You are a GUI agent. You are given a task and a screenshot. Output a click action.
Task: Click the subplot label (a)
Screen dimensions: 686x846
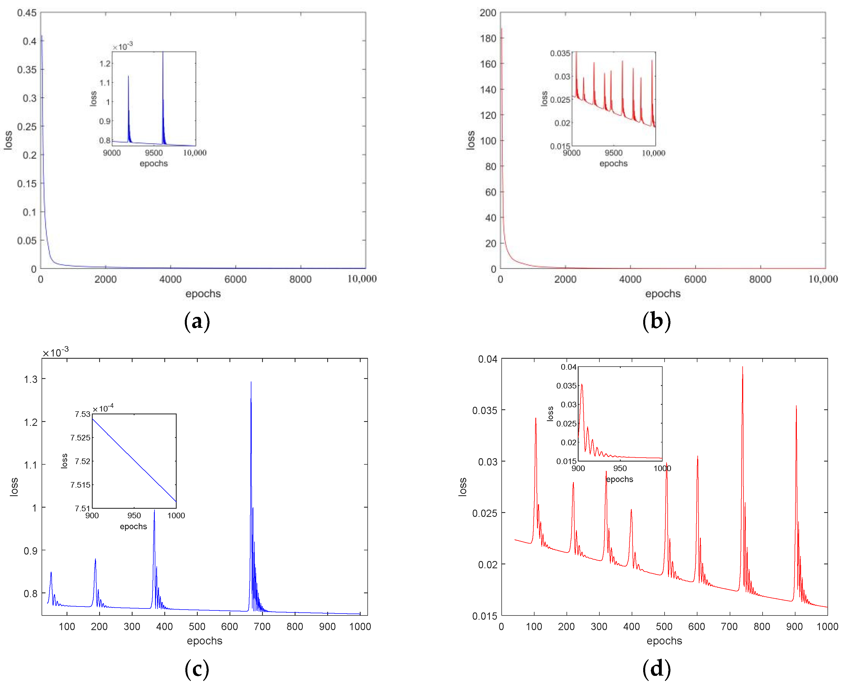(197, 321)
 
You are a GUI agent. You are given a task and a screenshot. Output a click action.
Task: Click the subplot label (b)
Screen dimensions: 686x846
(656, 321)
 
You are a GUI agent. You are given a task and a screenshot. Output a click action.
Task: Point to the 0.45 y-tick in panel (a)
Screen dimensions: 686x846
(27, 13)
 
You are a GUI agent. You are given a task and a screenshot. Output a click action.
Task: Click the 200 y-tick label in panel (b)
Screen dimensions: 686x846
(488, 13)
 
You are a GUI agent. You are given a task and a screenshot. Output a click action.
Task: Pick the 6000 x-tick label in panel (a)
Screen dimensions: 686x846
(235, 280)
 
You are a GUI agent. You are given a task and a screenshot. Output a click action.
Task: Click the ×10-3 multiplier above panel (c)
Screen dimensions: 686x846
(56, 352)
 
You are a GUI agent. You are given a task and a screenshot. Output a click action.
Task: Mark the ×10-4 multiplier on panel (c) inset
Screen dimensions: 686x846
(103, 408)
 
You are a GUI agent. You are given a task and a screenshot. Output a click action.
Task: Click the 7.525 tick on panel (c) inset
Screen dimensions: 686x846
(81, 437)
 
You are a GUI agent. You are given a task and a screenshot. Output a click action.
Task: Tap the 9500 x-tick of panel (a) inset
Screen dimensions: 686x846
(154, 153)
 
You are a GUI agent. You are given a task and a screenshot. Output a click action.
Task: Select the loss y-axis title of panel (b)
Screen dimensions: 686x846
(470, 140)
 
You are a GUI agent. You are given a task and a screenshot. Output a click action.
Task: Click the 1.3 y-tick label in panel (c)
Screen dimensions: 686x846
(31, 379)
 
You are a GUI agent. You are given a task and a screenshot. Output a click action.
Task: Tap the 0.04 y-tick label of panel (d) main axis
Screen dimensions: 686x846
(487, 359)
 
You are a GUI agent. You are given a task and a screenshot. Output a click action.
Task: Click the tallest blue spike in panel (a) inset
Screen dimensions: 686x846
(163, 53)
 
